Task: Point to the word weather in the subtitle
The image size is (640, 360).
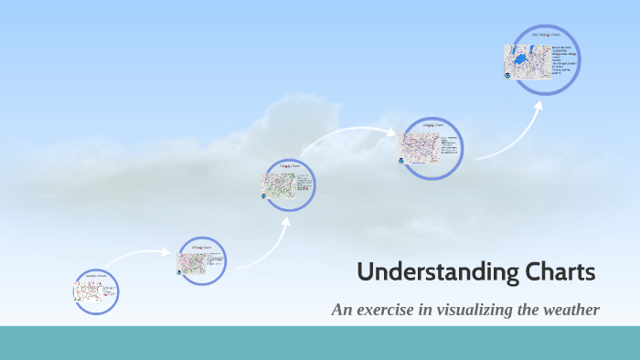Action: pyautogui.click(x=571, y=311)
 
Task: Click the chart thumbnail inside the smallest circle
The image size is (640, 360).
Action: pyautogui.click(x=88, y=292)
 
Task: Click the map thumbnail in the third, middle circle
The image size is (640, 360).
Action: pyautogui.click(x=279, y=183)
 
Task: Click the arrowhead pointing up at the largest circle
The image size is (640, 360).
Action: pyautogui.click(x=539, y=105)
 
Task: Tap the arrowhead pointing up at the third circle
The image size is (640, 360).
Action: pyautogui.click(x=285, y=219)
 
